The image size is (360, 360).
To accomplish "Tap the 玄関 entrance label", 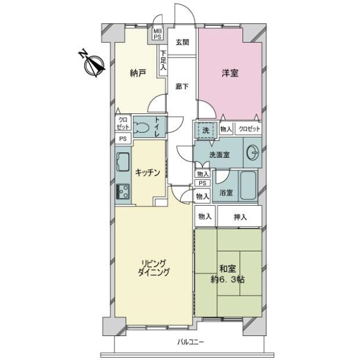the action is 182,43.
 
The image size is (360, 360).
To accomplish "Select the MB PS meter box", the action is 158,34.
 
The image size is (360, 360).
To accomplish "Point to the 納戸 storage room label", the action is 138,73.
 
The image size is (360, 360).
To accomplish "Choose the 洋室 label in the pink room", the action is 230,73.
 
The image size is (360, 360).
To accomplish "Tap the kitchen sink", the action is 123,162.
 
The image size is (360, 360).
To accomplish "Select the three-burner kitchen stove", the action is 123,191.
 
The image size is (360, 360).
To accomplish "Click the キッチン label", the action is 148,172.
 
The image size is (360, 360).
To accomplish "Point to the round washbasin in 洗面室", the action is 253,152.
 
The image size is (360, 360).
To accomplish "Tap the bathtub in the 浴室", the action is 248,185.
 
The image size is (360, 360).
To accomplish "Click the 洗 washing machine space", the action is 206,130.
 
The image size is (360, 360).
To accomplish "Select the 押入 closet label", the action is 240,217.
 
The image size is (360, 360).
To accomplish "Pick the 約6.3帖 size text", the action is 227,280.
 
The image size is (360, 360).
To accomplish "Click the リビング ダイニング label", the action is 154,268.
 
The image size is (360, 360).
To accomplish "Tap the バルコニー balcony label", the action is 191,342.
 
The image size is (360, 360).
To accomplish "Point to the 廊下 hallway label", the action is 182,86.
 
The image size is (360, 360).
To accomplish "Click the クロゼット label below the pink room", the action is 250,129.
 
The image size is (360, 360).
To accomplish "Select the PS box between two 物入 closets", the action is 202,183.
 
